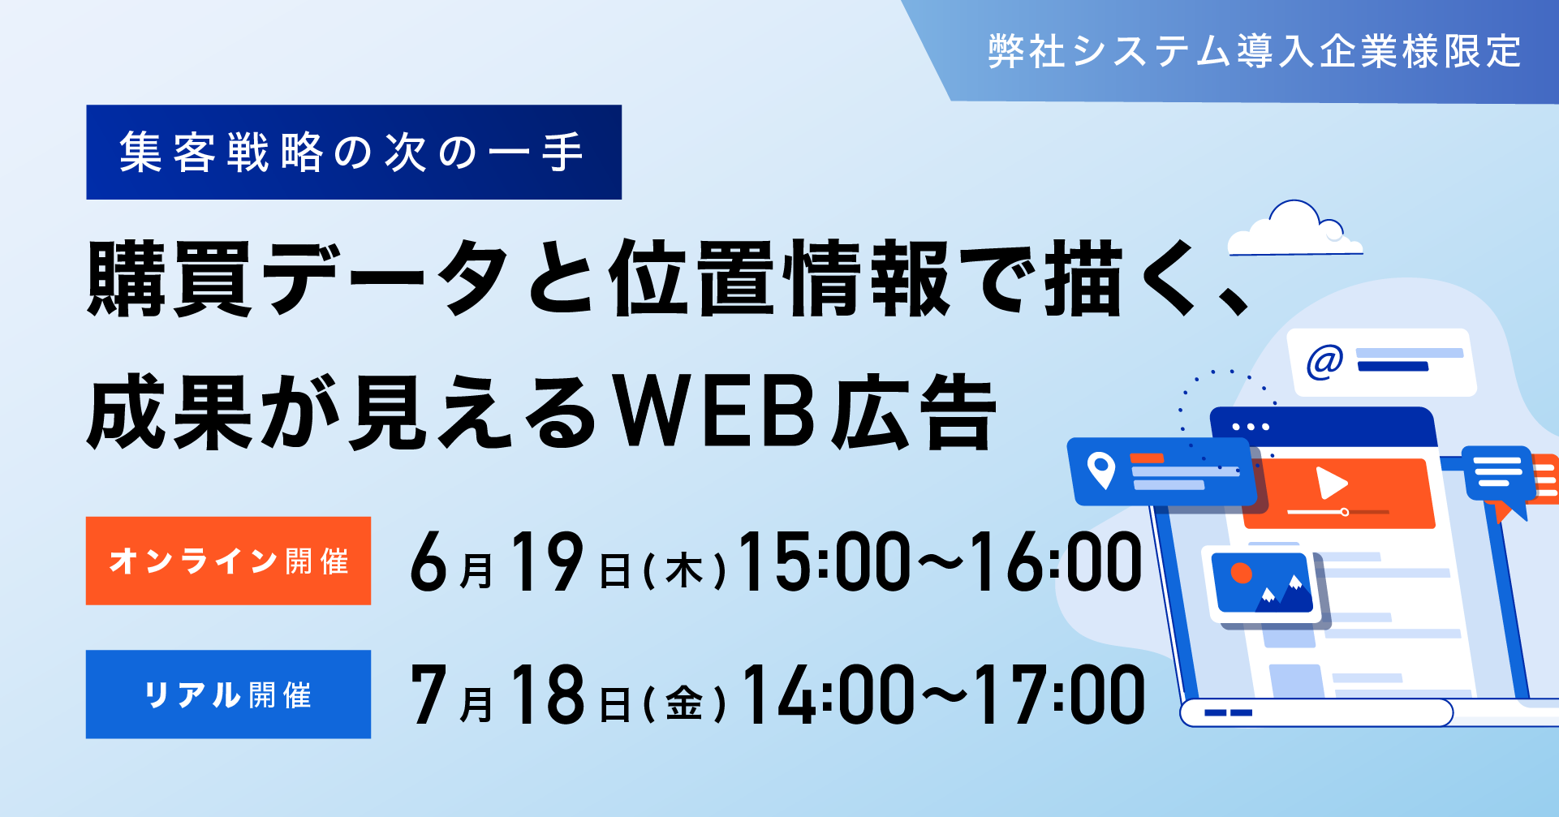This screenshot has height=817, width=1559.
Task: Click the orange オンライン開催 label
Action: tap(228, 561)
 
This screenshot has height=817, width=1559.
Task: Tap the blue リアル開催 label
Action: tap(228, 694)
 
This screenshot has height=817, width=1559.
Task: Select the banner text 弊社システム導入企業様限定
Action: tap(1254, 51)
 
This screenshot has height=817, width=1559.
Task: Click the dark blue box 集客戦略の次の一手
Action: tap(354, 152)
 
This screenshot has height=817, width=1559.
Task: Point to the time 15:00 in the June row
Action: tap(825, 561)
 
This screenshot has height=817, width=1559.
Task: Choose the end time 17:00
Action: tap(1060, 694)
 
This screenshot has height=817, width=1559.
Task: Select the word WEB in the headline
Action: tap(713, 412)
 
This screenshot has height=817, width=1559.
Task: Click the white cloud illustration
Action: tap(1294, 229)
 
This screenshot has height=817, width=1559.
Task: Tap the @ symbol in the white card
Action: tap(1324, 361)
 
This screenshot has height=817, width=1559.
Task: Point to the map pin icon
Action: tap(1101, 471)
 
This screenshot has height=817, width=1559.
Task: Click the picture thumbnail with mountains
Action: tap(1263, 583)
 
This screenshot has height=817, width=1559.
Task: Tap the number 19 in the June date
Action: tap(547, 561)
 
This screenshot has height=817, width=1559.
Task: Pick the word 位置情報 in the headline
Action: tap(780, 278)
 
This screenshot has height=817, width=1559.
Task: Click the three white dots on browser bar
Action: tap(1251, 427)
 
